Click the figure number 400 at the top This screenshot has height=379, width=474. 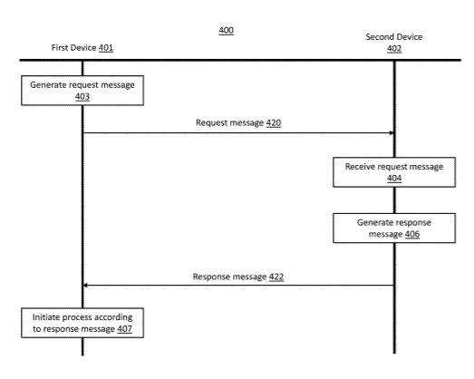pyautogui.click(x=226, y=30)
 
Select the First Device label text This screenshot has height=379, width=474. pyautogui.click(x=73, y=48)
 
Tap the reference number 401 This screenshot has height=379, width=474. pyautogui.click(x=106, y=48)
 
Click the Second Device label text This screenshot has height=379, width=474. pyautogui.click(x=394, y=37)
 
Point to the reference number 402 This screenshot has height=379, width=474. pyautogui.click(x=394, y=49)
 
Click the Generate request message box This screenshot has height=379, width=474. pyautogui.click(x=82, y=91)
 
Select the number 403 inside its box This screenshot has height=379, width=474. pyautogui.click(x=82, y=96)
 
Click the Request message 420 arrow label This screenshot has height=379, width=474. pyautogui.click(x=238, y=122)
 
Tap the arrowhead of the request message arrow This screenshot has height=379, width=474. pyautogui.click(x=392, y=132)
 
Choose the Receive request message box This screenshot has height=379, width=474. pyautogui.click(x=394, y=172)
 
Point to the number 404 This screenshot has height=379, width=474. pyautogui.click(x=394, y=178)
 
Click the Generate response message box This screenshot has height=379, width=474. pyautogui.click(x=394, y=228)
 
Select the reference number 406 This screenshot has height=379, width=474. pyautogui.click(x=412, y=234)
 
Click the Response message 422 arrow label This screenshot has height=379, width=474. pyautogui.click(x=238, y=277)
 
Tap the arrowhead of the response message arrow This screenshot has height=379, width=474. pyautogui.click(x=85, y=286)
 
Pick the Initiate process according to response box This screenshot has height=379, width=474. pyautogui.click(x=82, y=323)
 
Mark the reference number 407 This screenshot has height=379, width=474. pyautogui.click(x=124, y=329)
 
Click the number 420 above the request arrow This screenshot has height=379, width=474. pyautogui.click(x=274, y=122)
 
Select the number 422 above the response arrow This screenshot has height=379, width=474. pyautogui.click(x=276, y=277)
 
